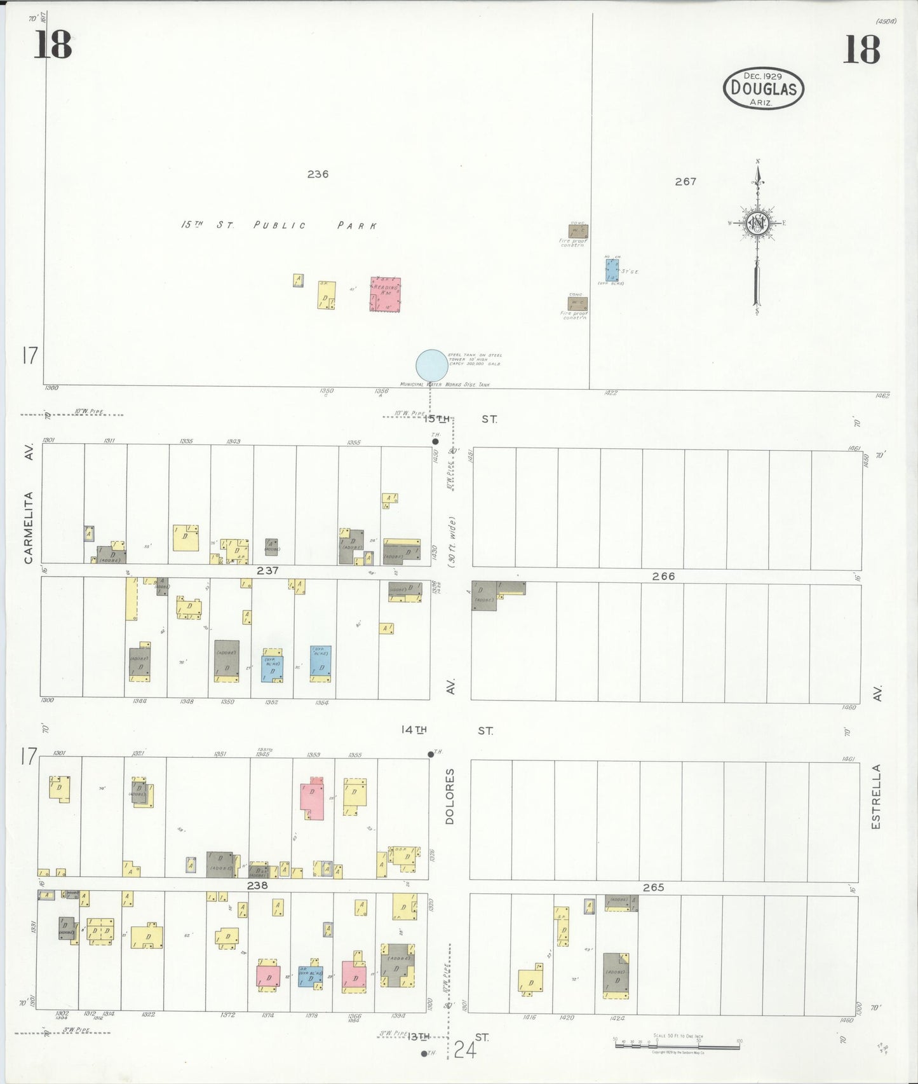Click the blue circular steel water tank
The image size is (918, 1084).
point(431,366)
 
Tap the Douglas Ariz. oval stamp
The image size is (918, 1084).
point(763,88)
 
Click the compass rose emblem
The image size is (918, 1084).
point(757,223)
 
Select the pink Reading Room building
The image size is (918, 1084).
point(386,294)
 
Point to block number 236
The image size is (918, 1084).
point(318,174)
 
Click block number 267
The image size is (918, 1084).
point(685,181)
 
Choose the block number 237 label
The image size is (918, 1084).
point(267,570)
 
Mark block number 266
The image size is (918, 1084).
point(663,576)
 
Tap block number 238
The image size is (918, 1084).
point(257,885)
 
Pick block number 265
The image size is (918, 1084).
point(653,887)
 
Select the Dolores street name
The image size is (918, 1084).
point(450,797)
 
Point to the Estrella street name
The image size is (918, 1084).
point(876,797)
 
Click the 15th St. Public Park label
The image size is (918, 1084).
point(280,225)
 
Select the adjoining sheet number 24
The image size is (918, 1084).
point(464,1050)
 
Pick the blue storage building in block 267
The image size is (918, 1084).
point(612,270)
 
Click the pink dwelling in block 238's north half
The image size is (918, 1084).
point(312,800)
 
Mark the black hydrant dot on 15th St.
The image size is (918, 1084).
point(435,441)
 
